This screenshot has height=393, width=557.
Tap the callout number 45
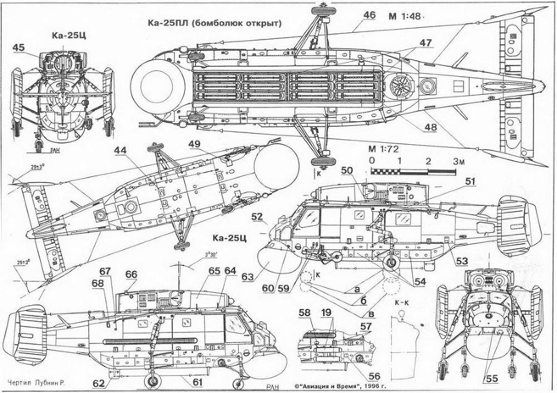pos(19,48)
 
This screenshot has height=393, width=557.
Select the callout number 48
pos(430,128)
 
